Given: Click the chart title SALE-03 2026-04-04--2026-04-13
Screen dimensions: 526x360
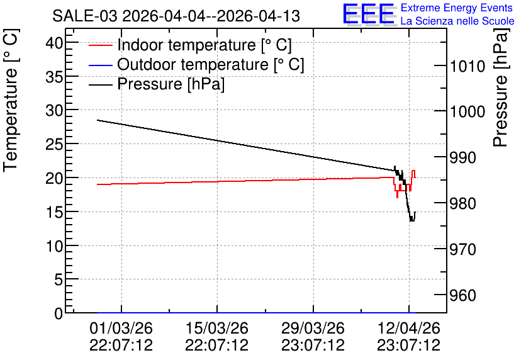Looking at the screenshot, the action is pos(176,16).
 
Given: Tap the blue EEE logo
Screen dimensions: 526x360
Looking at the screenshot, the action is pos(368,14).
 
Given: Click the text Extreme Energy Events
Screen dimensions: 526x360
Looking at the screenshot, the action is pos(457,8).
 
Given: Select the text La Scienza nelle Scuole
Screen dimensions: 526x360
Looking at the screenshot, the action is pos(457,21).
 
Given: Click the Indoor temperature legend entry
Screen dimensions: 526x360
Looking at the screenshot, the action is pos(190,45).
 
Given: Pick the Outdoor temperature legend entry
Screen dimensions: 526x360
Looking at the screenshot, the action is pos(196,64).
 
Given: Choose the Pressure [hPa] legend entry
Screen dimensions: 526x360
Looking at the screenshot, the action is pos(157,84).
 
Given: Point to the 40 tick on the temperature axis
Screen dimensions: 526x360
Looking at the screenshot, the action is pos(54,43).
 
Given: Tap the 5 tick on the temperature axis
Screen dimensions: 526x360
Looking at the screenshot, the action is pos(59,279).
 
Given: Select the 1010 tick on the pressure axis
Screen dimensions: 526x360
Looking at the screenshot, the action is pos(467,67).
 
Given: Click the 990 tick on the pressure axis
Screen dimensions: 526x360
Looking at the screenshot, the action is pos(463,158).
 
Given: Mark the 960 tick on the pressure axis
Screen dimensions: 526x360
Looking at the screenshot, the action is pos(463,296).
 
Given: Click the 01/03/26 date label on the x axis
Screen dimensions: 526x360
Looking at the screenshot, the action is pos(121,328).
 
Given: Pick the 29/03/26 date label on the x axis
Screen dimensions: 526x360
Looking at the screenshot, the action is pos(313,328).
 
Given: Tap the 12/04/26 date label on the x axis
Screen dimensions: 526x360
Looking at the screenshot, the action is pos(409,328).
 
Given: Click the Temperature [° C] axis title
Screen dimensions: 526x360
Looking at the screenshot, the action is pos(11,101).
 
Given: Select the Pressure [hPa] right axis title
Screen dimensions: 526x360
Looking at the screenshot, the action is pos(500,87).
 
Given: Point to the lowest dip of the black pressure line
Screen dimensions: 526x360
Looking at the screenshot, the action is pos(412,220).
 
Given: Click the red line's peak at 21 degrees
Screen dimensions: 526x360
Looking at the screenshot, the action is pos(413,171).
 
